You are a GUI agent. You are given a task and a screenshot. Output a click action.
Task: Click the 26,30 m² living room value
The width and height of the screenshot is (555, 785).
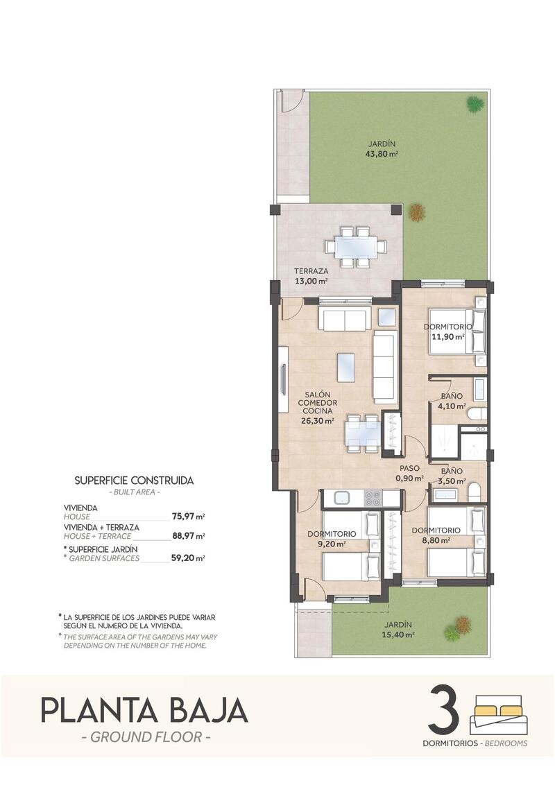pyautogui.click(x=318, y=420)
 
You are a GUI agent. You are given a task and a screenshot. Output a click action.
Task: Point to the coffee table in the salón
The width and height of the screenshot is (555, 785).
pyautogui.click(x=346, y=368)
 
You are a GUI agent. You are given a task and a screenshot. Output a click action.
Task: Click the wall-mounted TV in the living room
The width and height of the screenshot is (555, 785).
pyautogui.click(x=283, y=379)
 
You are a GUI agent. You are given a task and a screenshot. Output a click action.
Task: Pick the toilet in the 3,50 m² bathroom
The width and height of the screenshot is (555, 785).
pyautogui.click(x=475, y=493)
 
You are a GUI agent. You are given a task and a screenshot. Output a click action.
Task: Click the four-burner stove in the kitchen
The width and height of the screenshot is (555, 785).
pyautogui.click(x=373, y=498)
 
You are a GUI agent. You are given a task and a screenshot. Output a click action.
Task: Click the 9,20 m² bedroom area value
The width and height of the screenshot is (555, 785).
pyautogui.click(x=332, y=544)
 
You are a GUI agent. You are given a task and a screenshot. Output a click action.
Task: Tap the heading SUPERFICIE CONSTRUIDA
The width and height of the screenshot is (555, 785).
pyautogui.click(x=134, y=480)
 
